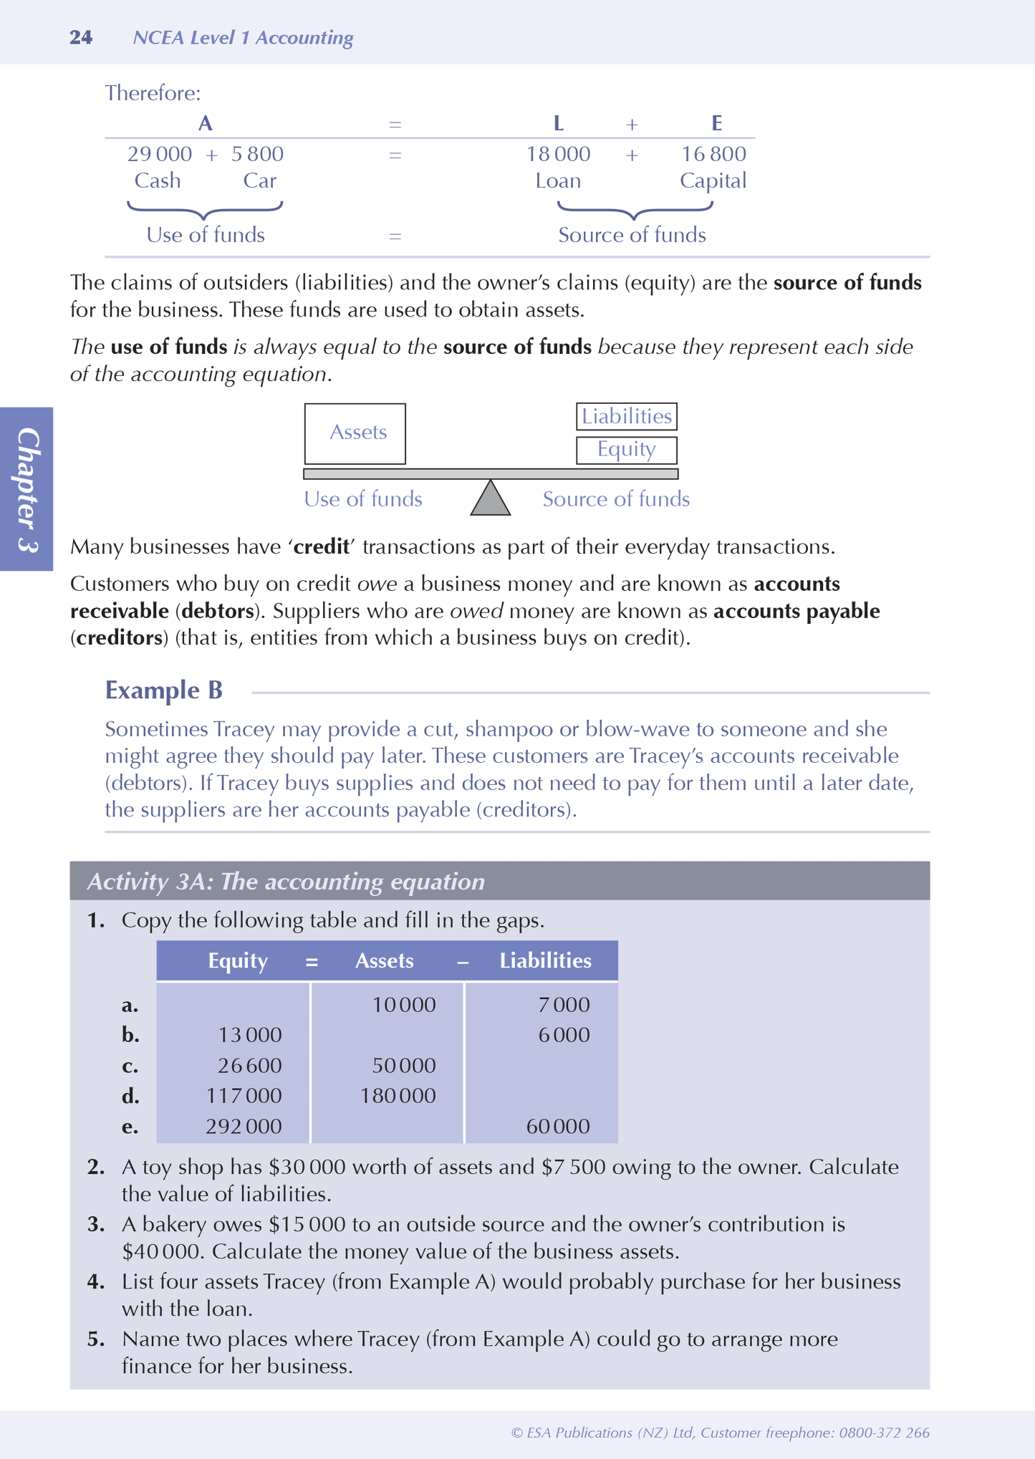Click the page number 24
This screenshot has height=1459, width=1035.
81,38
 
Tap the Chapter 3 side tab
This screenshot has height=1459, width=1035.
27,489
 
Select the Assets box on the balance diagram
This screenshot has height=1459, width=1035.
355,433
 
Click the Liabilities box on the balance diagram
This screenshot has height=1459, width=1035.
627,417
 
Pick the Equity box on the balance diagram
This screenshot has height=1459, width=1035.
627,450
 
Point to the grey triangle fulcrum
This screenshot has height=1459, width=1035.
491,499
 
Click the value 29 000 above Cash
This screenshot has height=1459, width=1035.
160,154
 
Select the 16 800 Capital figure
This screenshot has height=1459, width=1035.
713,154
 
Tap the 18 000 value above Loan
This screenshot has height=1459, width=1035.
559,154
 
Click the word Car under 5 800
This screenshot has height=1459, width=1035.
259,180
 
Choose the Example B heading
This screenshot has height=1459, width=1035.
164,690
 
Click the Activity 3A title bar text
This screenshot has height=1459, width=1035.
286,882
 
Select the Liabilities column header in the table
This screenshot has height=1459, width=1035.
545,961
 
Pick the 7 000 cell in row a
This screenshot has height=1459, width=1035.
564,1005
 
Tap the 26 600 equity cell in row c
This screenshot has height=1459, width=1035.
250,1066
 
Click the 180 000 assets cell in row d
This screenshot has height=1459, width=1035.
398,1096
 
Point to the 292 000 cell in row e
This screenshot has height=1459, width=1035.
244,1127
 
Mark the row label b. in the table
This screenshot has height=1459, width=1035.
130,1036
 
